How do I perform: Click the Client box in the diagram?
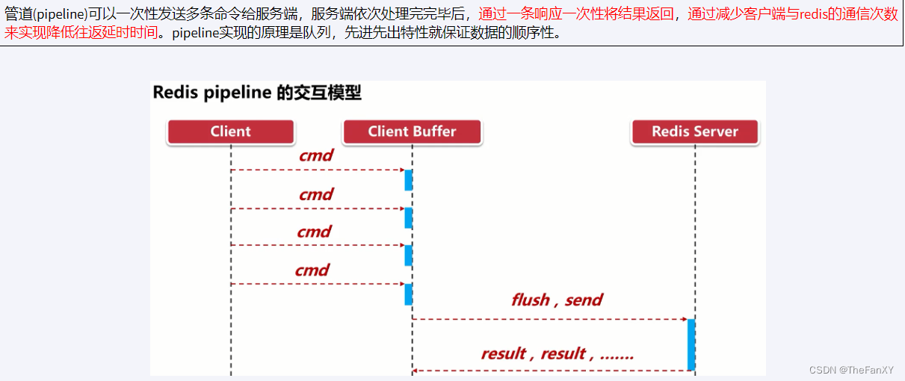tap(230, 131)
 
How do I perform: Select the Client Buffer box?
tap(412, 131)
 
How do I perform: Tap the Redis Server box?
tap(694, 131)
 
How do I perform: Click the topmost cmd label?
tap(315, 156)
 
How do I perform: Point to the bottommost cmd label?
tap(312, 270)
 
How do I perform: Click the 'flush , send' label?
tap(557, 300)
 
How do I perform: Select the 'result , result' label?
tap(557, 353)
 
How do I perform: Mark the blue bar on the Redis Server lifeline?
tap(691, 344)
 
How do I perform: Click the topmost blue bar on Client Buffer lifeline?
tap(409, 180)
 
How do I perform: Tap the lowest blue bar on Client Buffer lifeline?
tap(409, 294)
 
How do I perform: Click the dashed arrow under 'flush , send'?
tap(549, 319)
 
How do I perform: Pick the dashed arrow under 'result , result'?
tap(549, 370)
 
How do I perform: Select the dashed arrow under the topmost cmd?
tap(318, 170)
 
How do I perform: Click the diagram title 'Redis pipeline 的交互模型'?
tap(257, 93)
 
